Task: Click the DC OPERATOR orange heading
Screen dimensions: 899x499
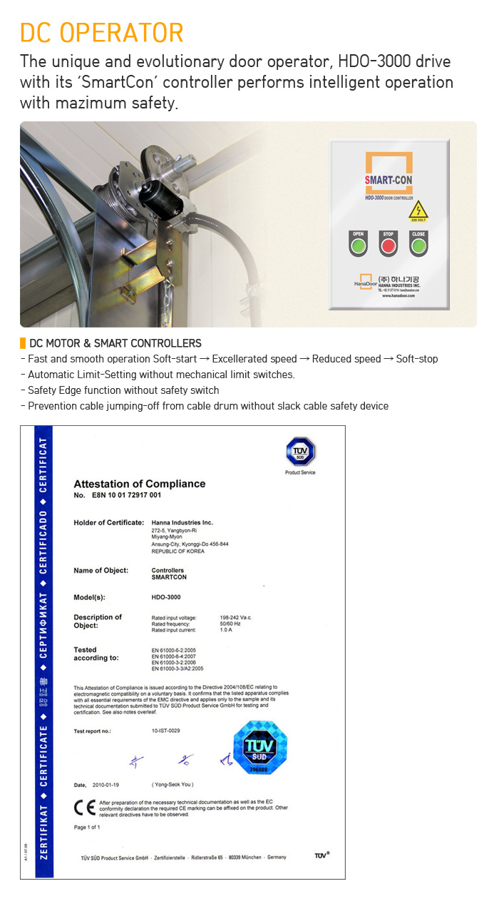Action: pyautogui.click(x=102, y=33)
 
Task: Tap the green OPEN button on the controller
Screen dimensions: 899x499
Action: pyautogui.click(x=358, y=246)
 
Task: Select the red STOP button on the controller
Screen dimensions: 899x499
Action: pyautogui.click(x=388, y=246)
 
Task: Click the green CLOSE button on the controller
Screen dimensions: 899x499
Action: pyautogui.click(x=418, y=246)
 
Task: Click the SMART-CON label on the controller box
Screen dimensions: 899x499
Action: pyautogui.click(x=389, y=180)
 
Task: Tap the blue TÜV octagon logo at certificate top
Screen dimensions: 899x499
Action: pyautogui.click(x=300, y=452)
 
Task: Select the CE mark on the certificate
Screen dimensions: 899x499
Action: pyautogui.click(x=84, y=807)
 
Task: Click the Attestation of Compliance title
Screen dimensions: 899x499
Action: pyautogui.click(x=139, y=484)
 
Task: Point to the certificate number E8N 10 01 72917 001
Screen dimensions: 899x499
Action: pyautogui.click(x=125, y=495)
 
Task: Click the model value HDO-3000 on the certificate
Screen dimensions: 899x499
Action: pyautogui.click(x=166, y=596)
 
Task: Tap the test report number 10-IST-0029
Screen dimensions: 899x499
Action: pyautogui.click(x=165, y=731)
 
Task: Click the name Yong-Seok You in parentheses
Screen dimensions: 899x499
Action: pyautogui.click(x=173, y=784)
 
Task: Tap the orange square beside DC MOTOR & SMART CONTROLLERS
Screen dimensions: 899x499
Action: pyautogui.click(x=23, y=343)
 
